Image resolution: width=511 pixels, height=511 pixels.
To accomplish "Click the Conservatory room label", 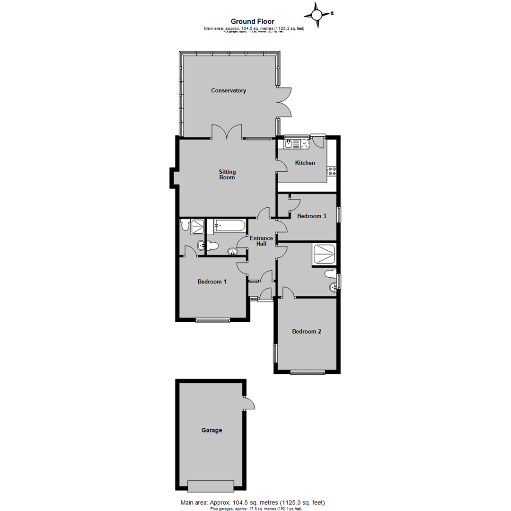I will pos(229,90).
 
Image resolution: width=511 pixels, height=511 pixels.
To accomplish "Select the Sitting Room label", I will pos(227,175).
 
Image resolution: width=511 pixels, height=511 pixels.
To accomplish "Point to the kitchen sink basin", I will pos(288,144).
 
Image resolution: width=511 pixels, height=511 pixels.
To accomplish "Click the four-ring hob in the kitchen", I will pos(332,171).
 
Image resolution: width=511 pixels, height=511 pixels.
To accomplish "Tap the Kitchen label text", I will pos(305,163).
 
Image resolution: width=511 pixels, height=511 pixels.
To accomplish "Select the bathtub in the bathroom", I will pos(229,226).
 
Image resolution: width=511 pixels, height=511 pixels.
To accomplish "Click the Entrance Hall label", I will pos(262,241).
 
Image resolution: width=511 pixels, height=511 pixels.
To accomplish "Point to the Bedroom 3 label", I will pos(311,216).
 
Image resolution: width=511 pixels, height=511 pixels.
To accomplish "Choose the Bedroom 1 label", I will pos(212,282).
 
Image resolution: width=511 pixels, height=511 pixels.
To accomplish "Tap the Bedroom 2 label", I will pos(307,332).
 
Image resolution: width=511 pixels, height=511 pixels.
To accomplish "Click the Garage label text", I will pos(211,431).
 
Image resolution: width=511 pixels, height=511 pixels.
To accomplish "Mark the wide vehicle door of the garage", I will pos(211,485).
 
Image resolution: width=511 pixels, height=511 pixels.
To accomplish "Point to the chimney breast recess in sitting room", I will pos(173,177).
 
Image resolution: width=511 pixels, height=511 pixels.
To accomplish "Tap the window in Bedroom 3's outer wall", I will pos(338,215).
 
